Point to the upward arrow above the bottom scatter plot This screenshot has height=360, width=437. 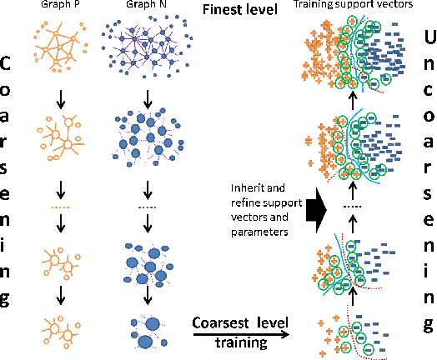(353, 297)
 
